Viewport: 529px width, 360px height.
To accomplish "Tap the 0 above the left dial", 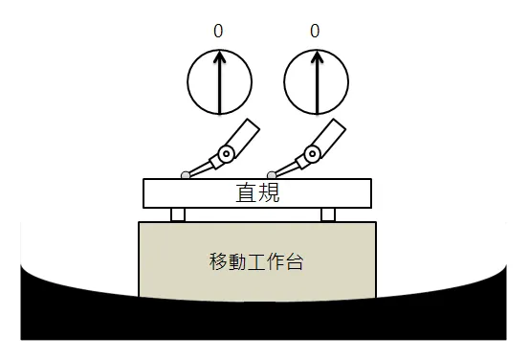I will pyautogui.click(x=219, y=32).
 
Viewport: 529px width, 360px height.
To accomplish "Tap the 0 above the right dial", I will pyautogui.click(x=316, y=32).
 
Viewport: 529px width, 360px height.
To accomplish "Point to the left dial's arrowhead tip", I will pyautogui.click(x=219, y=54).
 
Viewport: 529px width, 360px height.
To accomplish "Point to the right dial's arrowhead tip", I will pyautogui.click(x=316, y=54).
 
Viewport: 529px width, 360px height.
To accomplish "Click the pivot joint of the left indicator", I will pyautogui.click(x=226, y=152).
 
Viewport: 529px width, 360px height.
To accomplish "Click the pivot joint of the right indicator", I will pyautogui.click(x=312, y=152).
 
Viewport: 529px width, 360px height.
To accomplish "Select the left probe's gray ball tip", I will pyautogui.click(x=186, y=175).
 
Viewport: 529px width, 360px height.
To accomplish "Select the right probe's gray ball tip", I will pyautogui.click(x=273, y=175).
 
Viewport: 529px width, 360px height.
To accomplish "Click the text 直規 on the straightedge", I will pyautogui.click(x=257, y=192).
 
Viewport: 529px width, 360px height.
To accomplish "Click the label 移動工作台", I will pyautogui.click(x=256, y=260).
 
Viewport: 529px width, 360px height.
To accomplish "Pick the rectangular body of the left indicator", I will pyautogui.click(x=243, y=134).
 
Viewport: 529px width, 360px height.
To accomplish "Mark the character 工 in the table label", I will pyautogui.click(x=256, y=260).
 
